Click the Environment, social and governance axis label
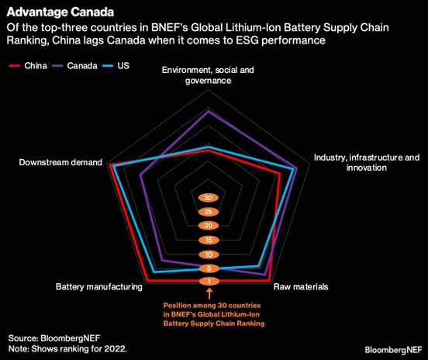pyautogui.click(x=208, y=74)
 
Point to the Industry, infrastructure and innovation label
pyautogui.click(x=366, y=162)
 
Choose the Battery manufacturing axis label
pyautogui.click(x=98, y=286)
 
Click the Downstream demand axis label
pyautogui.click(x=60, y=163)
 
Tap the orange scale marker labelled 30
pyautogui.click(x=208, y=198)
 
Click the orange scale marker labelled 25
pyautogui.click(x=208, y=212)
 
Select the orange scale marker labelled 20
pyautogui.click(x=208, y=225)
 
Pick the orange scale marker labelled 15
pyautogui.click(x=208, y=240)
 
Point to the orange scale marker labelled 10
pyautogui.click(x=208, y=254)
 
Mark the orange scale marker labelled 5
pyautogui.click(x=208, y=268)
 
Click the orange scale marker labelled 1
pyautogui.click(x=208, y=281)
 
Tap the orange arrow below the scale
pyautogui.click(x=208, y=293)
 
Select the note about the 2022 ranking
pyautogui.click(x=67, y=349)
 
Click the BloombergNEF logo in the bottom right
pyautogui.click(x=392, y=349)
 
